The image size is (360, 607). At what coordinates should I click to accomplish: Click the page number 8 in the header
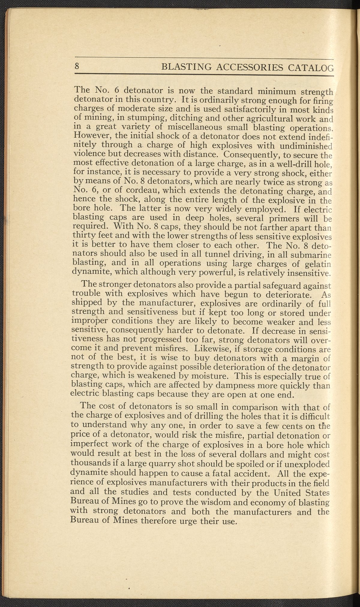[x=77, y=66]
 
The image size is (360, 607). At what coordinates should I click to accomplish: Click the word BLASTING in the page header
[x=186, y=67]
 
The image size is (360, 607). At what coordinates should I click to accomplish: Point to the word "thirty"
[x=85, y=237]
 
